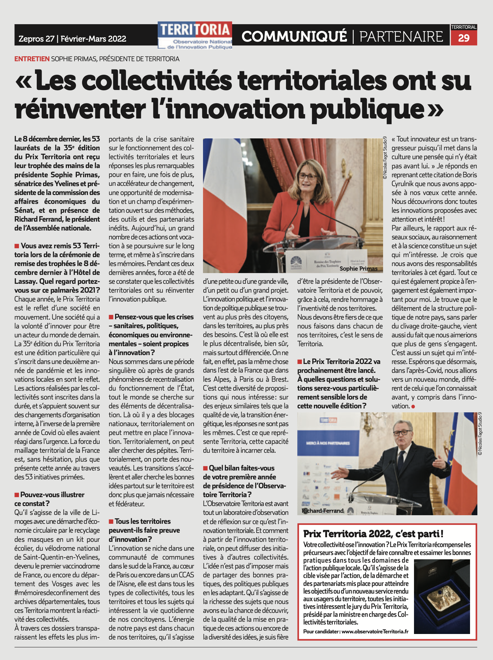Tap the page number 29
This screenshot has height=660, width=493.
(464, 38)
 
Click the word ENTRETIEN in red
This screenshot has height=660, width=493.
(32, 59)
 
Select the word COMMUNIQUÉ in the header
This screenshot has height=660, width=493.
(294, 36)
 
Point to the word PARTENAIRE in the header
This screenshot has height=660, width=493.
(401, 36)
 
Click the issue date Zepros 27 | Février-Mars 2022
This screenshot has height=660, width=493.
(72, 39)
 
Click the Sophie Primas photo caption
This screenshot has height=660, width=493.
(358, 268)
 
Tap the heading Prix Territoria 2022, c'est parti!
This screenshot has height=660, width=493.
(373, 534)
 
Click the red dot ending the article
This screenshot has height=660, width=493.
(413, 407)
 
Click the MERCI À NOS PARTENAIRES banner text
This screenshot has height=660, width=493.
(328, 443)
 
